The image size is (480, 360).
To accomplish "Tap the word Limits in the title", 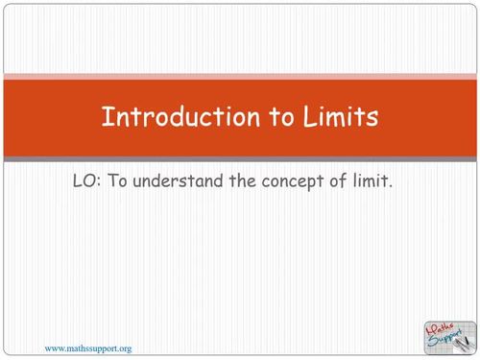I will coord(339,117).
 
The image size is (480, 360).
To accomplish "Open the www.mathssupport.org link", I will coord(88,348).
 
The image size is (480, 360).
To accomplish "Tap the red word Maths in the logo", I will coord(440,326).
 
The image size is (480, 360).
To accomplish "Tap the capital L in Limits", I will coord(311,117).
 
